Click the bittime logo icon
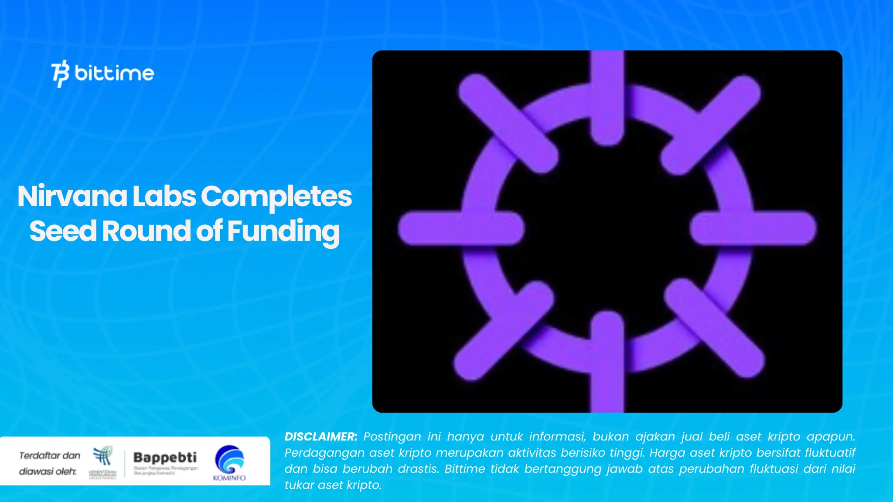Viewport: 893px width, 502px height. click(60, 73)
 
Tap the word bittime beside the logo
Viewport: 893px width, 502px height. click(114, 73)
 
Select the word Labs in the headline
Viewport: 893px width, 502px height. click(164, 197)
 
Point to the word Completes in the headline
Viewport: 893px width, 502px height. click(276, 197)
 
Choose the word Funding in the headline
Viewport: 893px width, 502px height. click(283, 232)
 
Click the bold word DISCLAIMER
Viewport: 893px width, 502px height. click(320, 437)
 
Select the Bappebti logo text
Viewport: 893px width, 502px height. click(165, 457)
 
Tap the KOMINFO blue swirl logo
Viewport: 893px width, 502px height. click(229, 459)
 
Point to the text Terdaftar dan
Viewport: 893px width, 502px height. click(50, 455)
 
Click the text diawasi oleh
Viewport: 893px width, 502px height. click(48, 471)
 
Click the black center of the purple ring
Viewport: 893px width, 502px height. click(607, 228)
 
